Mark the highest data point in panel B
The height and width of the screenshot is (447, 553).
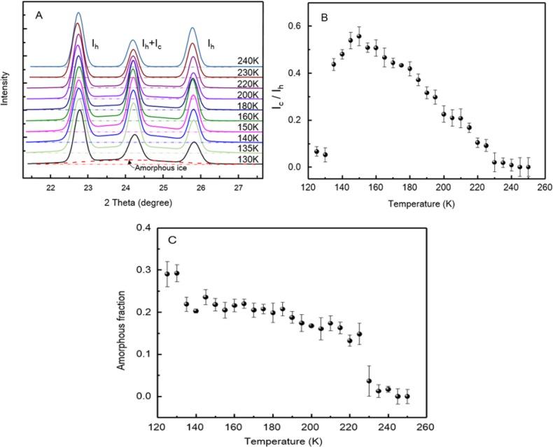359,36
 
